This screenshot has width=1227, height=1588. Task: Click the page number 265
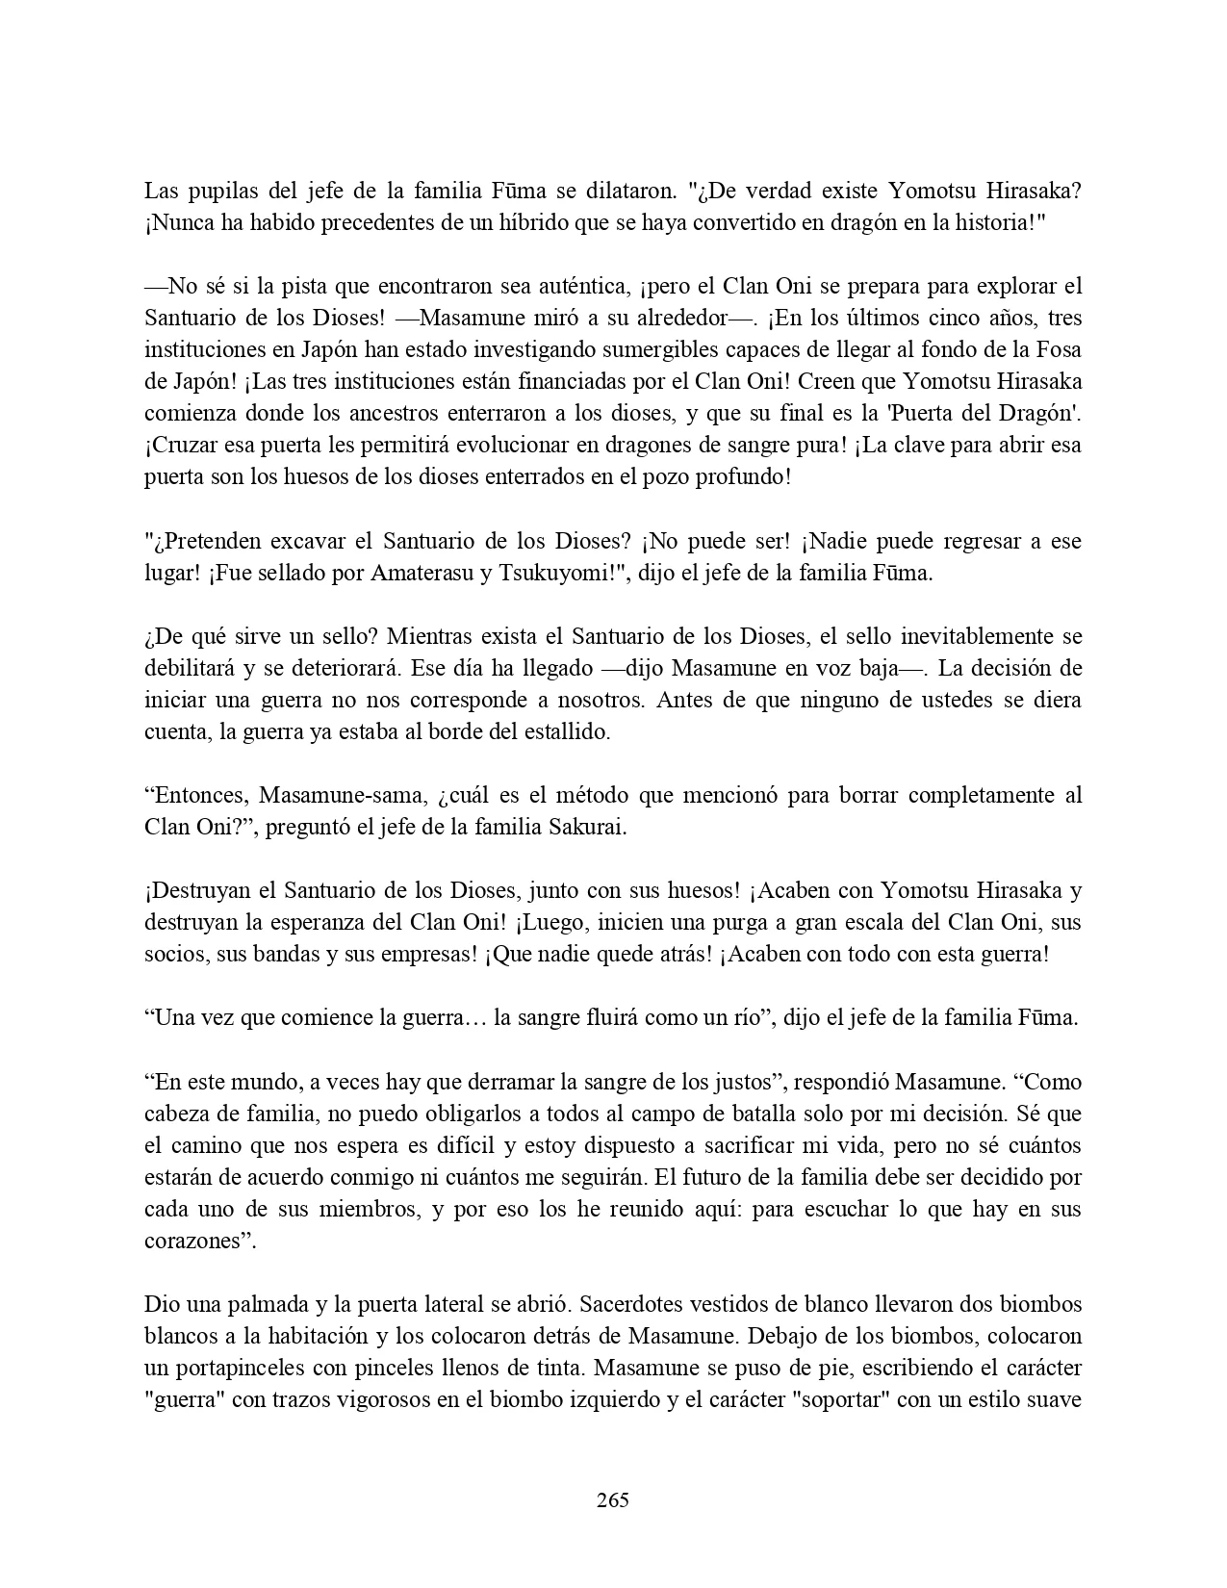[x=612, y=1499]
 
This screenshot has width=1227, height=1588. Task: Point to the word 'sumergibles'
[x=632, y=349]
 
